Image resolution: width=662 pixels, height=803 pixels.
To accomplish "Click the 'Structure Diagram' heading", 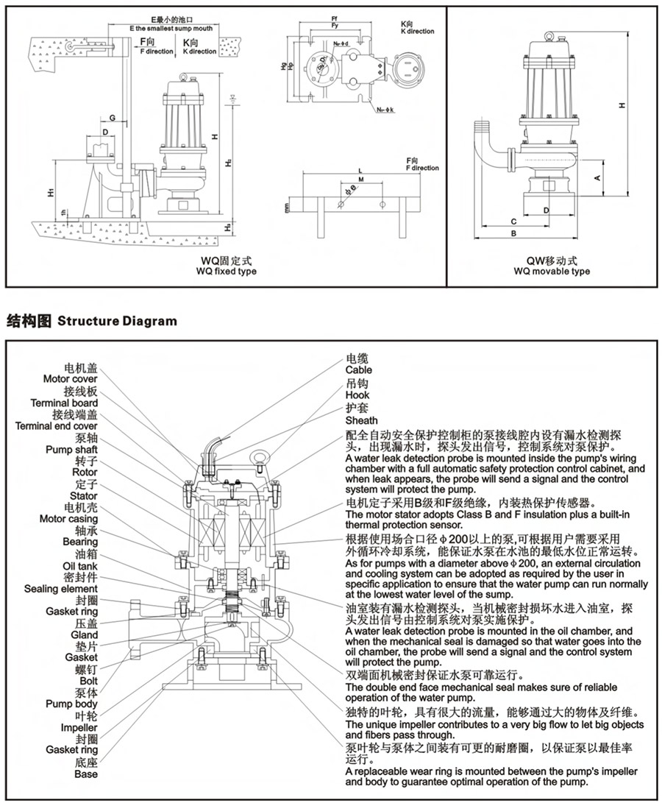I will [117, 321].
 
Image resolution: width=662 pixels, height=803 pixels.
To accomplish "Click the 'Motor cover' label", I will [70, 379].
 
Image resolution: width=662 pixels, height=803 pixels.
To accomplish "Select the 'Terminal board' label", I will [64, 403].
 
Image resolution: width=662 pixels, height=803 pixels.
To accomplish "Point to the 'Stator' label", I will [84, 496].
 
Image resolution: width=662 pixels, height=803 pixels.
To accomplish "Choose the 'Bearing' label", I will [79, 542].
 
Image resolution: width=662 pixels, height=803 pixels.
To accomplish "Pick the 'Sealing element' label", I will [60, 589].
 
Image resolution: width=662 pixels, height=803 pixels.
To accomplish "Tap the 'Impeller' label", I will [79, 727].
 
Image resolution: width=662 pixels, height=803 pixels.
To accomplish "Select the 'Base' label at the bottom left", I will [85, 774].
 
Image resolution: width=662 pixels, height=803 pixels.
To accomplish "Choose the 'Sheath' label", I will [361, 420].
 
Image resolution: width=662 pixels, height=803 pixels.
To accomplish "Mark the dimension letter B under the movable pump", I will [514, 233].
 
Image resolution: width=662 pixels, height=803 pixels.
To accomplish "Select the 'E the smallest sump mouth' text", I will [171, 28].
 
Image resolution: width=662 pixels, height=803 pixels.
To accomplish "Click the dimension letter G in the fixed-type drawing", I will [113, 118].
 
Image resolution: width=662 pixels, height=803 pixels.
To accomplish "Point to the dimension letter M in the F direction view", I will [360, 179].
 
